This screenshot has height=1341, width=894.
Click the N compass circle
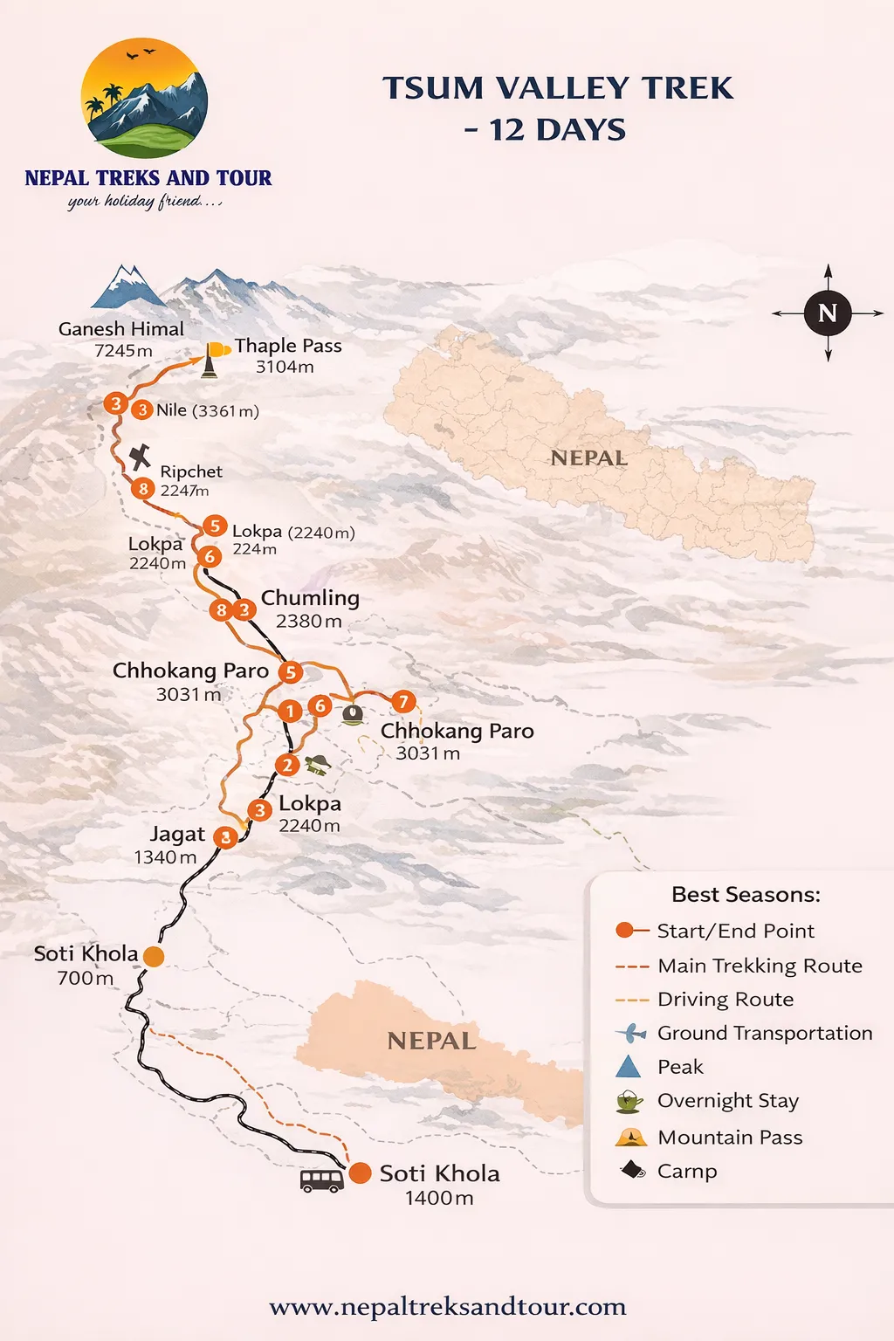(x=828, y=313)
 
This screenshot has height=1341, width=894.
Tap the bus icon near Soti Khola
(x=321, y=1180)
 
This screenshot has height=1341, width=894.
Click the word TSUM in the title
(x=433, y=88)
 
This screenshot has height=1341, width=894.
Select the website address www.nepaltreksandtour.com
(x=447, y=1306)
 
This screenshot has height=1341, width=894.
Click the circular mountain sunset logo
(x=145, y=98)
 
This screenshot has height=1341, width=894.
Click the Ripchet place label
(x=191, y=471)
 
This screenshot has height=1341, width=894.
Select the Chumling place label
(x=310, y=598)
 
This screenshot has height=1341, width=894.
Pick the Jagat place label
(x=177, y=835)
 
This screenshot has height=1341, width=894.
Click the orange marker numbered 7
(x=402, y=701)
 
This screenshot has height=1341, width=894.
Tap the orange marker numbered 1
(x=290, y=712)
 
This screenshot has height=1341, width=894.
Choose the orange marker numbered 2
(x=286, y=766)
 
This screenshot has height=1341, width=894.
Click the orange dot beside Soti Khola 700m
(x=154, y=957)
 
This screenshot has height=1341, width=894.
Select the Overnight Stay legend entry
(x=727, y=1101)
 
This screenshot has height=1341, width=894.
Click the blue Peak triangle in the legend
(x=629, y=1067)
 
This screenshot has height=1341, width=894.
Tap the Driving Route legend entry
(x=725, y=1000)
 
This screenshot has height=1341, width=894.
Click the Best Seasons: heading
(x=746, y=895)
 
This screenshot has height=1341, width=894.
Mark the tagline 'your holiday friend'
(x=145, y=202)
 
